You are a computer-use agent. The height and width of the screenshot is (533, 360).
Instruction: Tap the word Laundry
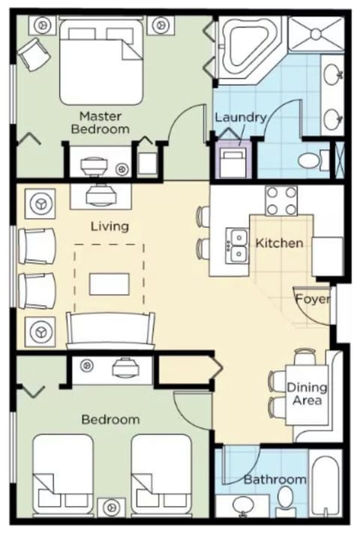241,118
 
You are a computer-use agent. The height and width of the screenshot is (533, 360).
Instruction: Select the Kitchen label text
280,243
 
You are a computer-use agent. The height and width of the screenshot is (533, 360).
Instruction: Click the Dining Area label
307,394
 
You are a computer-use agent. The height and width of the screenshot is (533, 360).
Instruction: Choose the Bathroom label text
274,480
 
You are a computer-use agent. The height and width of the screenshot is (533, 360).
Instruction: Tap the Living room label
109,226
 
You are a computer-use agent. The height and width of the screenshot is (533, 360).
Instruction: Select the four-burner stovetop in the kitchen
281,200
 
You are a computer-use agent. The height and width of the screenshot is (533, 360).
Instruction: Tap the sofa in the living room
111,330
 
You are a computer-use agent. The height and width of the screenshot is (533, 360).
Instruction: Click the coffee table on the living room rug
109,283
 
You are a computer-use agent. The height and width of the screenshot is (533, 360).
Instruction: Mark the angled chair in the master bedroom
31,53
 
